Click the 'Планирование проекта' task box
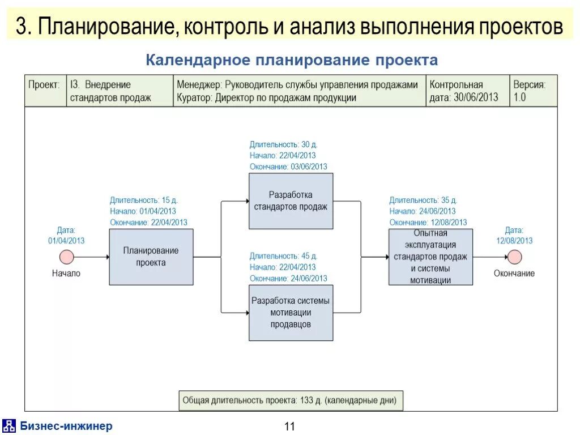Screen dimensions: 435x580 coord(151,257)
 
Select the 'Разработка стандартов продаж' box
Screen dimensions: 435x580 coord(291,201)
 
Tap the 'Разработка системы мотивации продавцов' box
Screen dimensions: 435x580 coord(291,313)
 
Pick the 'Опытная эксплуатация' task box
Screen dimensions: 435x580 coord(430,257)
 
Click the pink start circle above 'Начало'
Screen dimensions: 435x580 coord(67,257)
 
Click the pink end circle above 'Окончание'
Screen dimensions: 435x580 coord(514,257)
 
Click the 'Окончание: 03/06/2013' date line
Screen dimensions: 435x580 coord(288,167)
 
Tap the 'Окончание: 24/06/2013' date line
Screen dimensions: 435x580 coord(288,278)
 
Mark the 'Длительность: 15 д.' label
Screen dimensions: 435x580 coord(144,200)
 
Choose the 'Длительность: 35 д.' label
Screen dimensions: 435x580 coord(423,200)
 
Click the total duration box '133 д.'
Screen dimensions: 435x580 coord(290,400)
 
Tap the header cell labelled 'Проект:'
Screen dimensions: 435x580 coord(45,86)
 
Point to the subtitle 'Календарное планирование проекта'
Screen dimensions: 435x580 coord(292,60)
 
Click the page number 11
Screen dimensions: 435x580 coord(290,427)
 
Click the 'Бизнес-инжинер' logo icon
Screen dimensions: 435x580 coord(9,426)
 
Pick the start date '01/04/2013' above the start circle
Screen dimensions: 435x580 coord(66,240)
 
